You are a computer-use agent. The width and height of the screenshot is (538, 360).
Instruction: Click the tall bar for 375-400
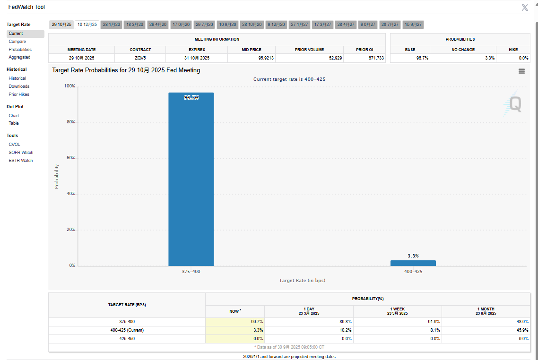[191, 179]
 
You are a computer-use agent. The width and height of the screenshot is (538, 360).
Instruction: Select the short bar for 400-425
[413, 263]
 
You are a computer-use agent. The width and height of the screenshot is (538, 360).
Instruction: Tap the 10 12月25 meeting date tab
[87, 25]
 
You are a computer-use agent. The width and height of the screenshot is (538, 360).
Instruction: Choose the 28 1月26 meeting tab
[112, 25]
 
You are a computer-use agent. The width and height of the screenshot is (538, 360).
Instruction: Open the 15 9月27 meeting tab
[413, 25]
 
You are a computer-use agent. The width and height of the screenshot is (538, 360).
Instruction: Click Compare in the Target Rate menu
[17, 42]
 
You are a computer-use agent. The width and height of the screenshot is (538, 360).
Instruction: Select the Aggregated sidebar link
[19, 57]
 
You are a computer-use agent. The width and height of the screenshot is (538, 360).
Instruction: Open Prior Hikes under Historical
[19, 94]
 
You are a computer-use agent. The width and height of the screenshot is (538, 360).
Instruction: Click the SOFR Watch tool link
[21, 153]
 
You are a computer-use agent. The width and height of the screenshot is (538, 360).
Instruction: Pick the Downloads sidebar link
[19, 86]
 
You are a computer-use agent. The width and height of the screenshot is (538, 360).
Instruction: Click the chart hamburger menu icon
[521, 71]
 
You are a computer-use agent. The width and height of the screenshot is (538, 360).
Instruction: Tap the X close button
[525, 8]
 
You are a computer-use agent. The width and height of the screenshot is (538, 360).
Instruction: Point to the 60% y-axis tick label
[69, 158]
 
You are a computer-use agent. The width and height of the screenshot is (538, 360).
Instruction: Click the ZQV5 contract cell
[140, 58]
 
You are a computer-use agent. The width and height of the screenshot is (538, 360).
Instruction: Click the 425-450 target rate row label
[127, 339]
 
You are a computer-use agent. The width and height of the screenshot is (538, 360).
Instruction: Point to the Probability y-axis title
[57, 176]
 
